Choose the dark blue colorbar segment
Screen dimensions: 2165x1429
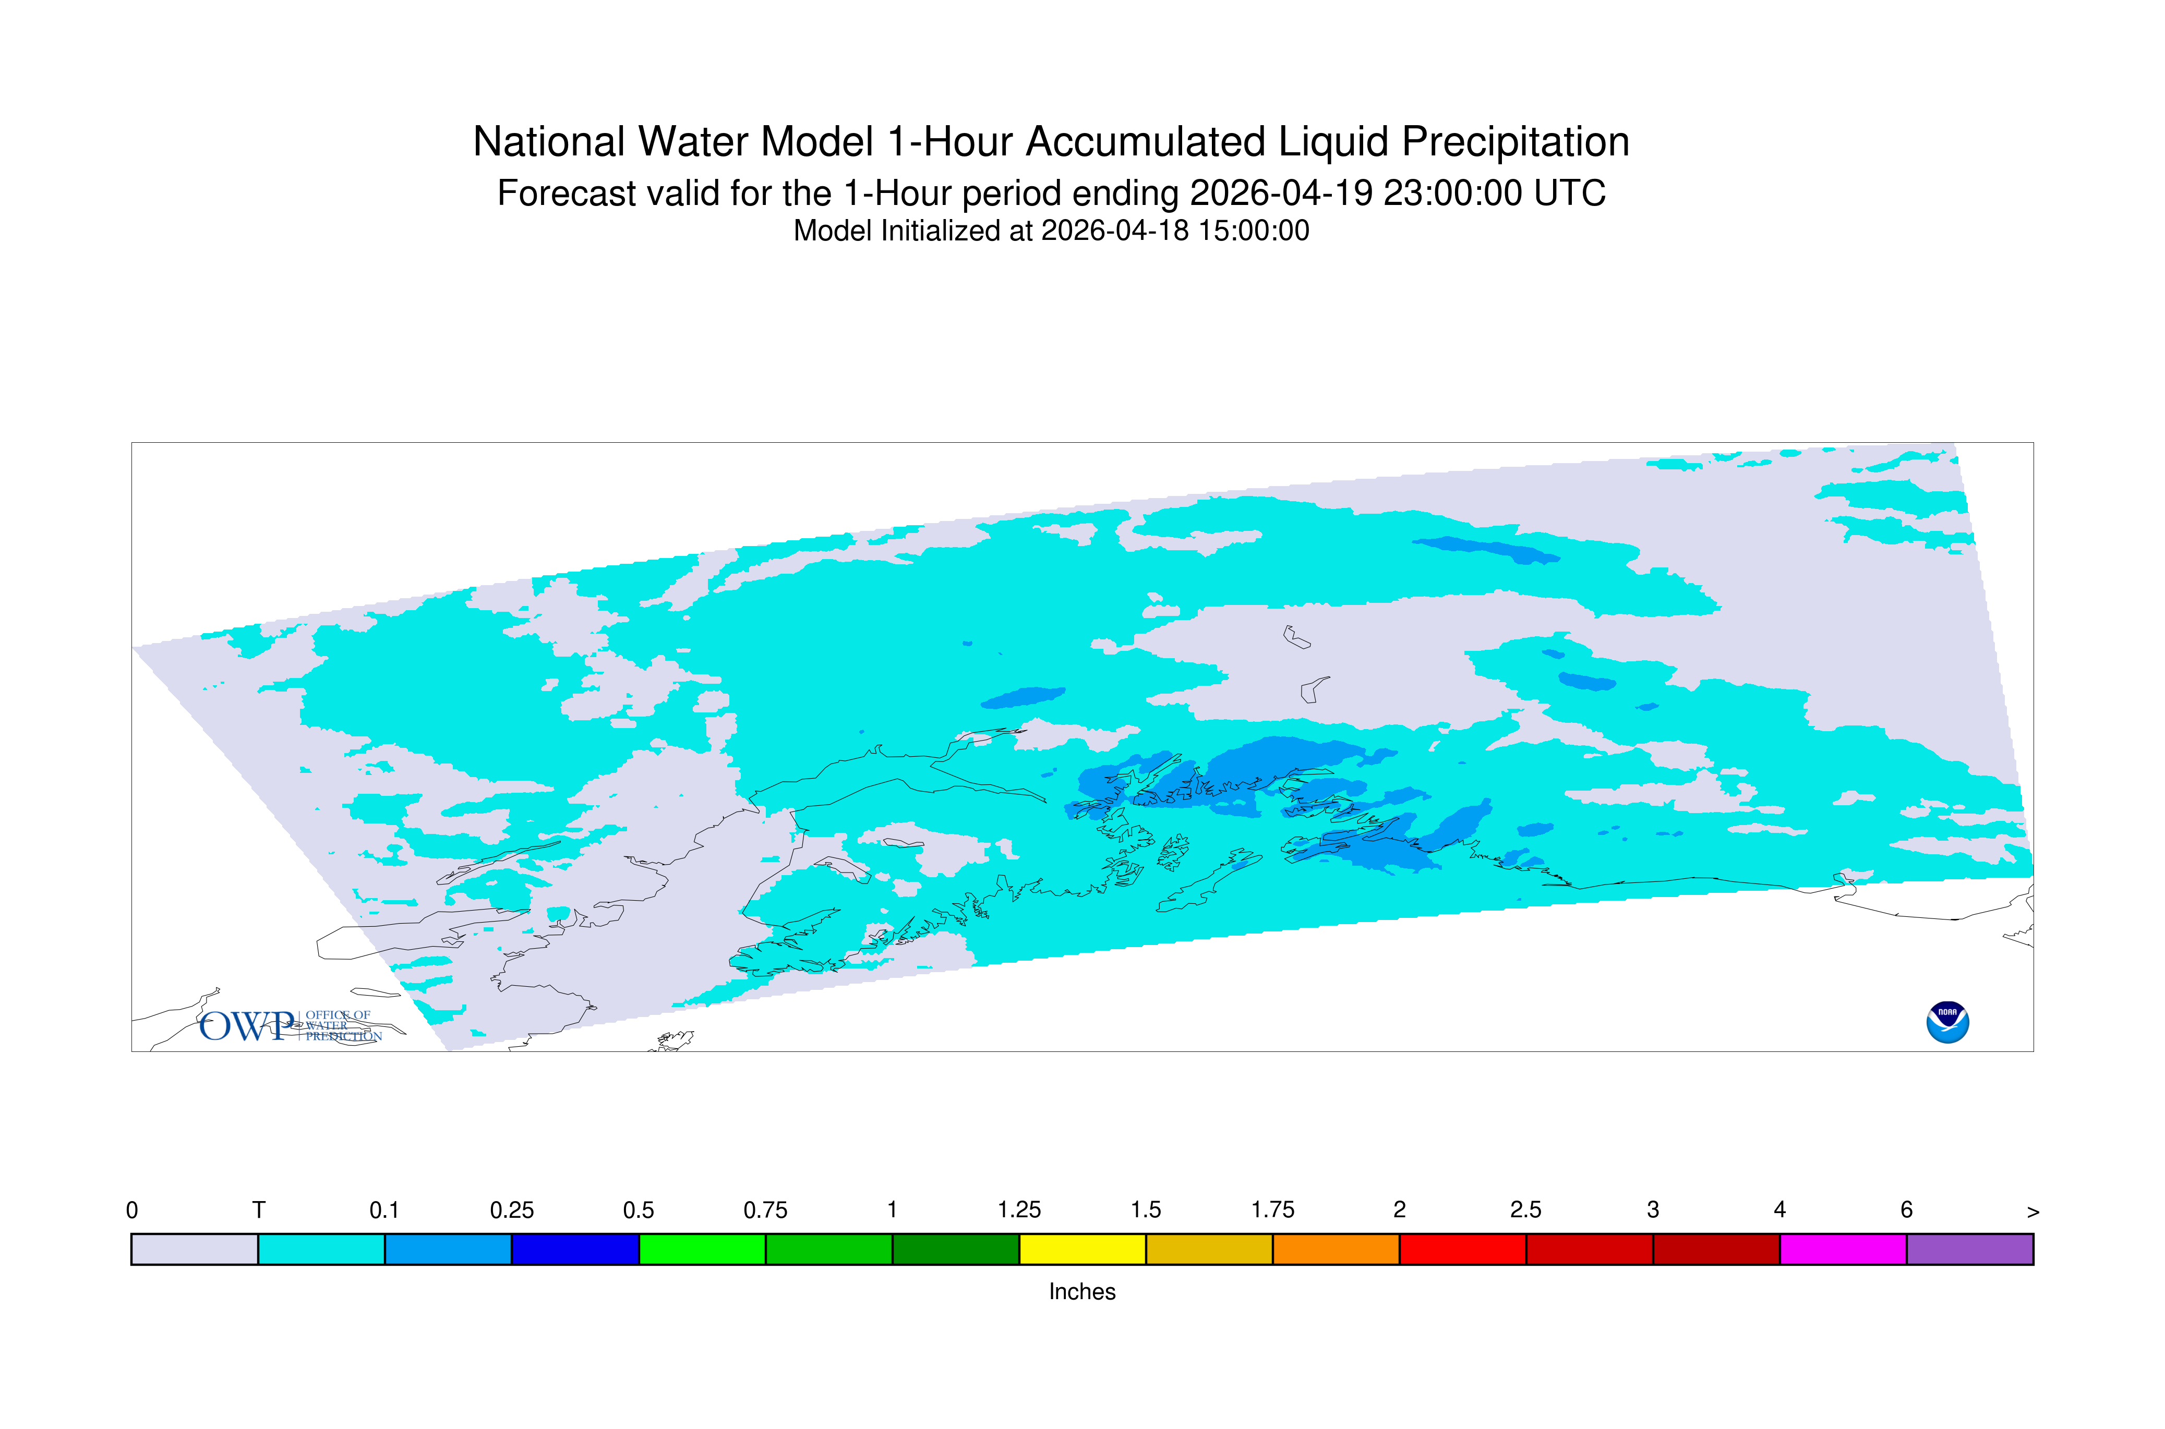(x=575, y=1250)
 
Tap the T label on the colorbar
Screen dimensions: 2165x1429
(x=259, y=1210)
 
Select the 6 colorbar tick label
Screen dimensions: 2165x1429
(x=1906, y=1210)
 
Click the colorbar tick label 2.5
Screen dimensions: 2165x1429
(x=1526, y=1210)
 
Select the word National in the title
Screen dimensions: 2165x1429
(x=549, y=142)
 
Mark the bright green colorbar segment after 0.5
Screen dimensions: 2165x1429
(x=702, y=1250)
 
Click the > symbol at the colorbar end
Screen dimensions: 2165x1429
(x=2033, y=1212)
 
